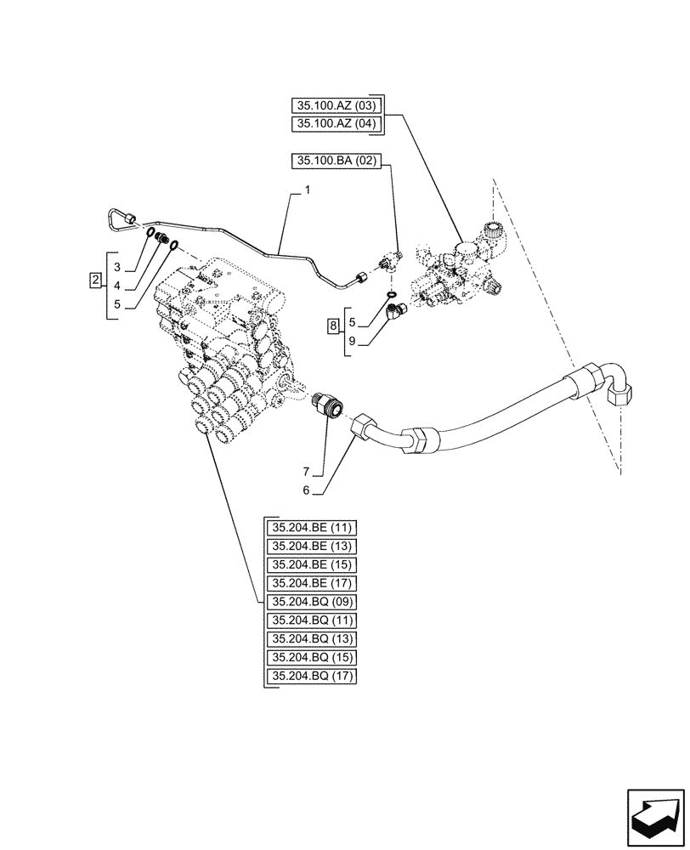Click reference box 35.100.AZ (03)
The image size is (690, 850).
tap(337, 106)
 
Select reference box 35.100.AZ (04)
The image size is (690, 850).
tap(337, 125)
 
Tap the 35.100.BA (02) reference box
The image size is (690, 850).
tap(337, 160)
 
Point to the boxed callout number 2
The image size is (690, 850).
tap(96, 280)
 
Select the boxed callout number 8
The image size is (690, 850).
tap(335, 325)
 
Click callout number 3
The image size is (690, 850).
tap(119, 266)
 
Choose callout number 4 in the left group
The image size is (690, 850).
tap(119, 284)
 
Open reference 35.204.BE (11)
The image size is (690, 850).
tap(312, 527)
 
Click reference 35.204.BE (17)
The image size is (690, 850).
tap(312, 583)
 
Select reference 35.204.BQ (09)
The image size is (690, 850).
tap(312, 602)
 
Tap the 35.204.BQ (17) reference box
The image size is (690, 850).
tap(312, 677)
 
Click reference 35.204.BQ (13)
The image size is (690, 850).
tap(312, 639)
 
